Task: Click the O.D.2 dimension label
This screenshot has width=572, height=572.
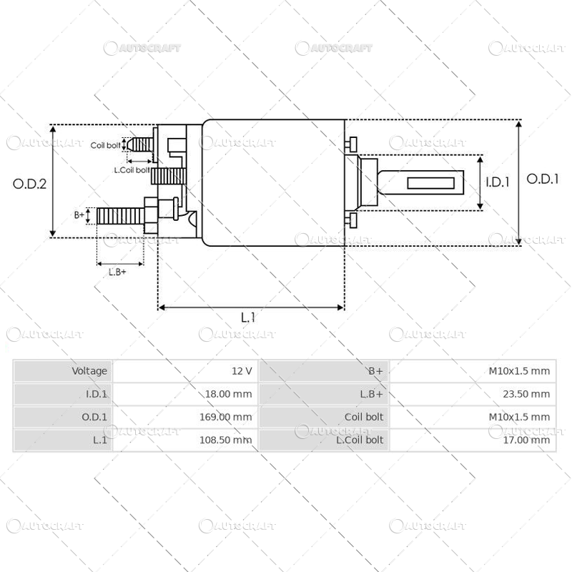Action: [30, 183]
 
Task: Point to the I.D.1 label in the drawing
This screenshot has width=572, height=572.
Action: [497, 182]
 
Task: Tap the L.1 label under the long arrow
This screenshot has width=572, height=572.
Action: [248, 317]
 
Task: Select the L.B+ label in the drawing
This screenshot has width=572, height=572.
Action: [117, 272]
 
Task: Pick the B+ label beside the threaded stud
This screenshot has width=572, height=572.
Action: [79, 214]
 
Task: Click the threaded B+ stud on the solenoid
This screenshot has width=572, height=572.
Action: [119, 215]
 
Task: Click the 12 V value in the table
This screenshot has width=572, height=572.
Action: [242, 371]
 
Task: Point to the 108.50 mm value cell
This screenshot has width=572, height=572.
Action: [225, 440]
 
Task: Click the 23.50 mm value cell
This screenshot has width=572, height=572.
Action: [526, 394]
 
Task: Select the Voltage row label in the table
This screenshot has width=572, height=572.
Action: [89, 371]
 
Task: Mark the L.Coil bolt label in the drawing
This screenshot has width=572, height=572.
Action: [132, 170]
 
